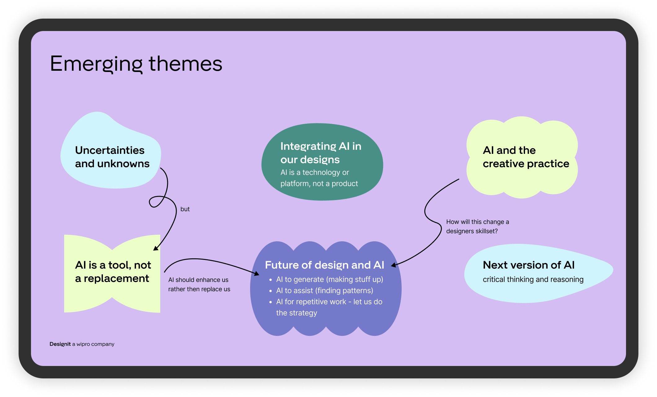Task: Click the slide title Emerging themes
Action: (136, 64)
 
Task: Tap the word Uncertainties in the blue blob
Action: (110, 150)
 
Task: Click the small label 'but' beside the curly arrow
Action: (185, 209)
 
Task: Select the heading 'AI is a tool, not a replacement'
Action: (113, 272)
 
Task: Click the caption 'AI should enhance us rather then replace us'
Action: (199, 284)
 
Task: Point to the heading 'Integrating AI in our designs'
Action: (320, 153)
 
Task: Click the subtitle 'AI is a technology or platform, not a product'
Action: (319, 178)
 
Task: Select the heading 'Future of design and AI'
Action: (324, 265)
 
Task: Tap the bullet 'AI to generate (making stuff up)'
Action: (329, 279)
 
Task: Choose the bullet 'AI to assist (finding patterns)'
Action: (324, 291)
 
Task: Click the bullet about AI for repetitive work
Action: (329, 307)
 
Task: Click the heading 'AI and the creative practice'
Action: (526, 157)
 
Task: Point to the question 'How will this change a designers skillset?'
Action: (477, 226)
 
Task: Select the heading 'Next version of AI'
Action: (528, 265)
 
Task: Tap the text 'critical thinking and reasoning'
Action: (533, 279)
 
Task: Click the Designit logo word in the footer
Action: (60, 344)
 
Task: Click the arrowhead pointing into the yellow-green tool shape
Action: (155, 248)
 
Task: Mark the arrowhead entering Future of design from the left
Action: (257, 274)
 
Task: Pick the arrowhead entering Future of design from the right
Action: (393, 265)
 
